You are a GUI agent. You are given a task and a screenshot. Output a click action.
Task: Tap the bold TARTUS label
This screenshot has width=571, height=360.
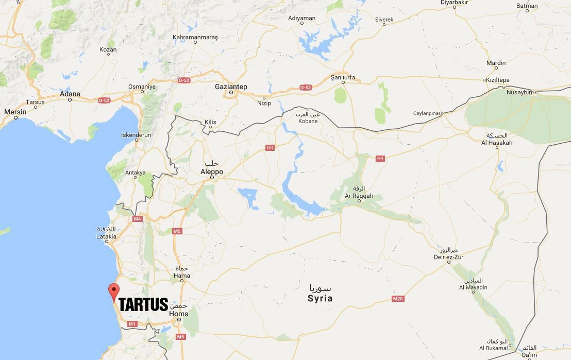[143, 304]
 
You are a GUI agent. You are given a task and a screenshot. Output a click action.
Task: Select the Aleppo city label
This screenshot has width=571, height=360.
[212, 172]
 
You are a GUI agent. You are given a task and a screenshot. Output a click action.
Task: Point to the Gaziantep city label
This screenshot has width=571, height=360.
[231, 87]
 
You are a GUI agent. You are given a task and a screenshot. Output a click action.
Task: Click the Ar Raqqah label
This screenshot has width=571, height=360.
[359, 196]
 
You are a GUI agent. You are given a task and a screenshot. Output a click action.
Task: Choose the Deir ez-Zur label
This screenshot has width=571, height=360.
[448, 257]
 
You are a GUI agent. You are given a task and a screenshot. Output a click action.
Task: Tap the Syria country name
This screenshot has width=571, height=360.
[320, 298]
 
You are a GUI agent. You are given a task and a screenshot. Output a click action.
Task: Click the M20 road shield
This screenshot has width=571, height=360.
[397, 299]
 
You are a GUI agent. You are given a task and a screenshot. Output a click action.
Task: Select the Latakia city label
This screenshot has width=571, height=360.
[106, 236]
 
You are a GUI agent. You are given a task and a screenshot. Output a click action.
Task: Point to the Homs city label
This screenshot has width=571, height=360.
[179, 314]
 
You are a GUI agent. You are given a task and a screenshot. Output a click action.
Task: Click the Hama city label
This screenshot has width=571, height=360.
[182, 276]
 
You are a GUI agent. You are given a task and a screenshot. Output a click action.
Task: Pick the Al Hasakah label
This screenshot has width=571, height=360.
[497, 143]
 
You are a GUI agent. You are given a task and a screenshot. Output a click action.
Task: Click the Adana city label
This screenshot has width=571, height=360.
[70, 94]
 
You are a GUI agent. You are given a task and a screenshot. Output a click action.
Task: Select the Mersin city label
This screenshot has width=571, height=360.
[15, 112]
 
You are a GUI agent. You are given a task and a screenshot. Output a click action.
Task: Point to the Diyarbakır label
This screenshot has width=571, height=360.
[454, 3]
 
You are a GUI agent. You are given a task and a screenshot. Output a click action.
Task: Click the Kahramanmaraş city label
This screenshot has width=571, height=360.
[195, 37]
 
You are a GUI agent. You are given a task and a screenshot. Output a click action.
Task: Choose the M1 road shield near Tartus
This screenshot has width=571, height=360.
[132, 324]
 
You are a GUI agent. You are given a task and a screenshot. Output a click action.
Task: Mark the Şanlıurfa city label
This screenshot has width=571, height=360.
[343, 77]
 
